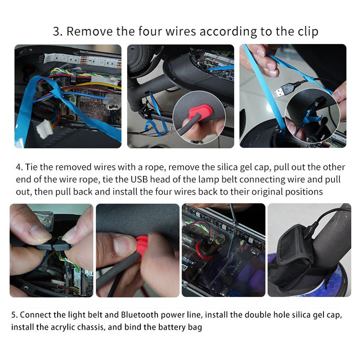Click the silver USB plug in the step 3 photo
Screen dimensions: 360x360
pos(283,90)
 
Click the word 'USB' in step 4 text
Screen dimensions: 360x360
pos(139,179)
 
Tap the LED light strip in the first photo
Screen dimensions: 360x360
pos(83,60)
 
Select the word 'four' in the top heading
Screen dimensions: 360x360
pos(150,31)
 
